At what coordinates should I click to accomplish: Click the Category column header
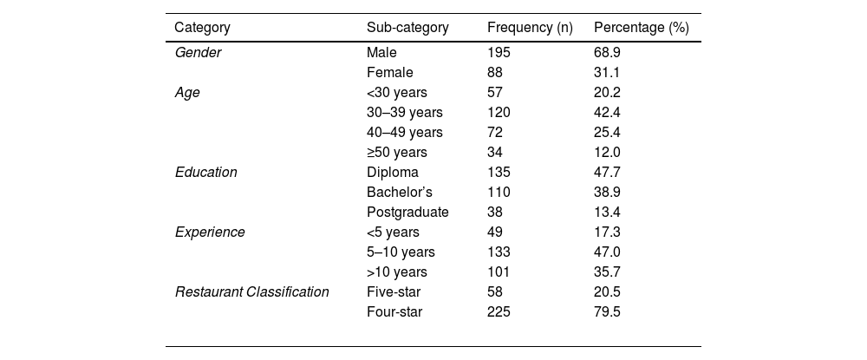point(202,27)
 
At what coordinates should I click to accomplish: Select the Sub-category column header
point(407,27)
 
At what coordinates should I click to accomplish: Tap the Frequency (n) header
point(530,27)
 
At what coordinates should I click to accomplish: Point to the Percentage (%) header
point(641,27)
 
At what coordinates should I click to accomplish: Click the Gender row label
point(199,53)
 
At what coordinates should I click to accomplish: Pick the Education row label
point(206,173)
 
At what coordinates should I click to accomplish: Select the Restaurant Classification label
point(252,292)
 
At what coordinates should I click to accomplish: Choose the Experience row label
point(210,232)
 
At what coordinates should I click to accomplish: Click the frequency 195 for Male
point(499,53)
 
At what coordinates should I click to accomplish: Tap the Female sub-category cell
point(390,73)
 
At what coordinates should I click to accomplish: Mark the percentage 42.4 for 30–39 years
point(607,113)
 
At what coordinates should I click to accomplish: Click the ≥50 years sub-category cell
point(397,153)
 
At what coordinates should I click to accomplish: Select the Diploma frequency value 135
point(499,173)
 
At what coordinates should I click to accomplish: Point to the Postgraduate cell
point(407,213)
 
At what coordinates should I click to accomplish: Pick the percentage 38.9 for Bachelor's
point(607,193)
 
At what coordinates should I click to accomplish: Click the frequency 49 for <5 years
point(495,232)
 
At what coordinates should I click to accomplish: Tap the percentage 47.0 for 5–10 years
point(607,252)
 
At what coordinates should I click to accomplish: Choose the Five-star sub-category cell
point(394,292)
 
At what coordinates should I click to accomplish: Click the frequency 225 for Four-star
point(499,312)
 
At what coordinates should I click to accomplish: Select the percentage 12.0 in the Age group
point(607,153)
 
